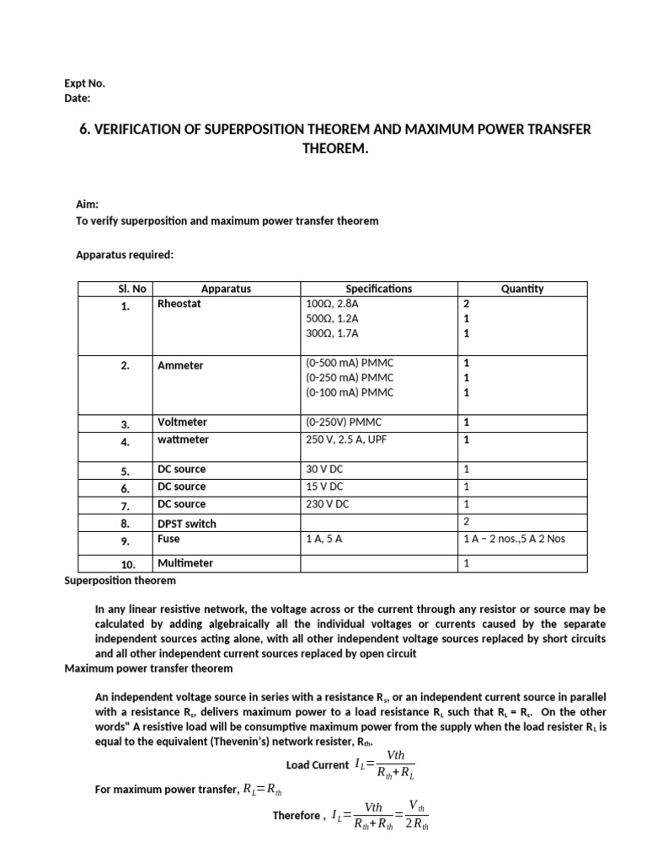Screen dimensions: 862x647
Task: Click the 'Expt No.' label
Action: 85,83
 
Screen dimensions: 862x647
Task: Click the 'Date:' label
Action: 78,98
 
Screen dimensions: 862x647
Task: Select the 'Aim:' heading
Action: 88,204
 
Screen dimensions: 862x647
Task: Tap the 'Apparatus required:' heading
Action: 125,253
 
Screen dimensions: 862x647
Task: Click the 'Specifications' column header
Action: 378,288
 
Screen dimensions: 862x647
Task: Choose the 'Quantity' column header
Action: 521,288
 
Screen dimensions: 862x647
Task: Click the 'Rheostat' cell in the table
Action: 179,303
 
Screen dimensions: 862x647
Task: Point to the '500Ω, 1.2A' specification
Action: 332,318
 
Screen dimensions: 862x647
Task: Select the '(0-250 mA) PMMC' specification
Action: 349,377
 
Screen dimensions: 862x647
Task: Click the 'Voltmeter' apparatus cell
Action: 182,422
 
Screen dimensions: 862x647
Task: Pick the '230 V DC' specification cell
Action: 327,503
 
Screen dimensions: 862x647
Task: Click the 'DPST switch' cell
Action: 186,523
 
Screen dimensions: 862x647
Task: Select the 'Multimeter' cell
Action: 185,562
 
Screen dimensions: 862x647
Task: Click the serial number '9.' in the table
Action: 125,540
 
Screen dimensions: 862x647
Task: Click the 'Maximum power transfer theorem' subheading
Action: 148,668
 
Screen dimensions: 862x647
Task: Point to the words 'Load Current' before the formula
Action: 317,765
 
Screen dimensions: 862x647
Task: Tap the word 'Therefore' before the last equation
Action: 297,816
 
